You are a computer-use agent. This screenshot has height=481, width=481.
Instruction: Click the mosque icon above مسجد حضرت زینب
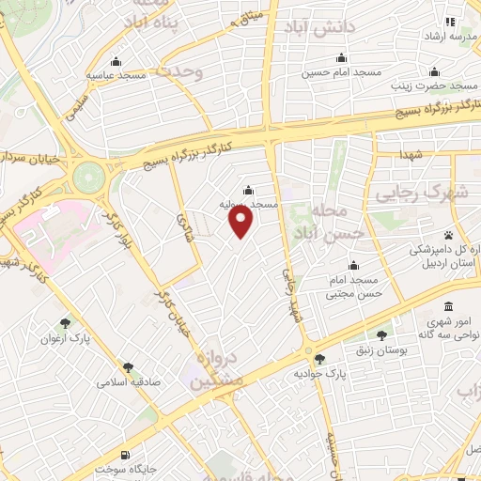click(x=434, y=71)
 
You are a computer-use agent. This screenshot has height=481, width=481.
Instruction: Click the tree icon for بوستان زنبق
click(x=382, y=334)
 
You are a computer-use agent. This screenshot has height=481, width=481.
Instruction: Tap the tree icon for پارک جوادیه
click(x=319, y=358)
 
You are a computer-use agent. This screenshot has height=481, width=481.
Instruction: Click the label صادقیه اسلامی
click(x=128, y=383)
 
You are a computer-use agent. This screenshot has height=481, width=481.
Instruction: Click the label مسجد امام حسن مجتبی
click(x=352, y=287)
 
